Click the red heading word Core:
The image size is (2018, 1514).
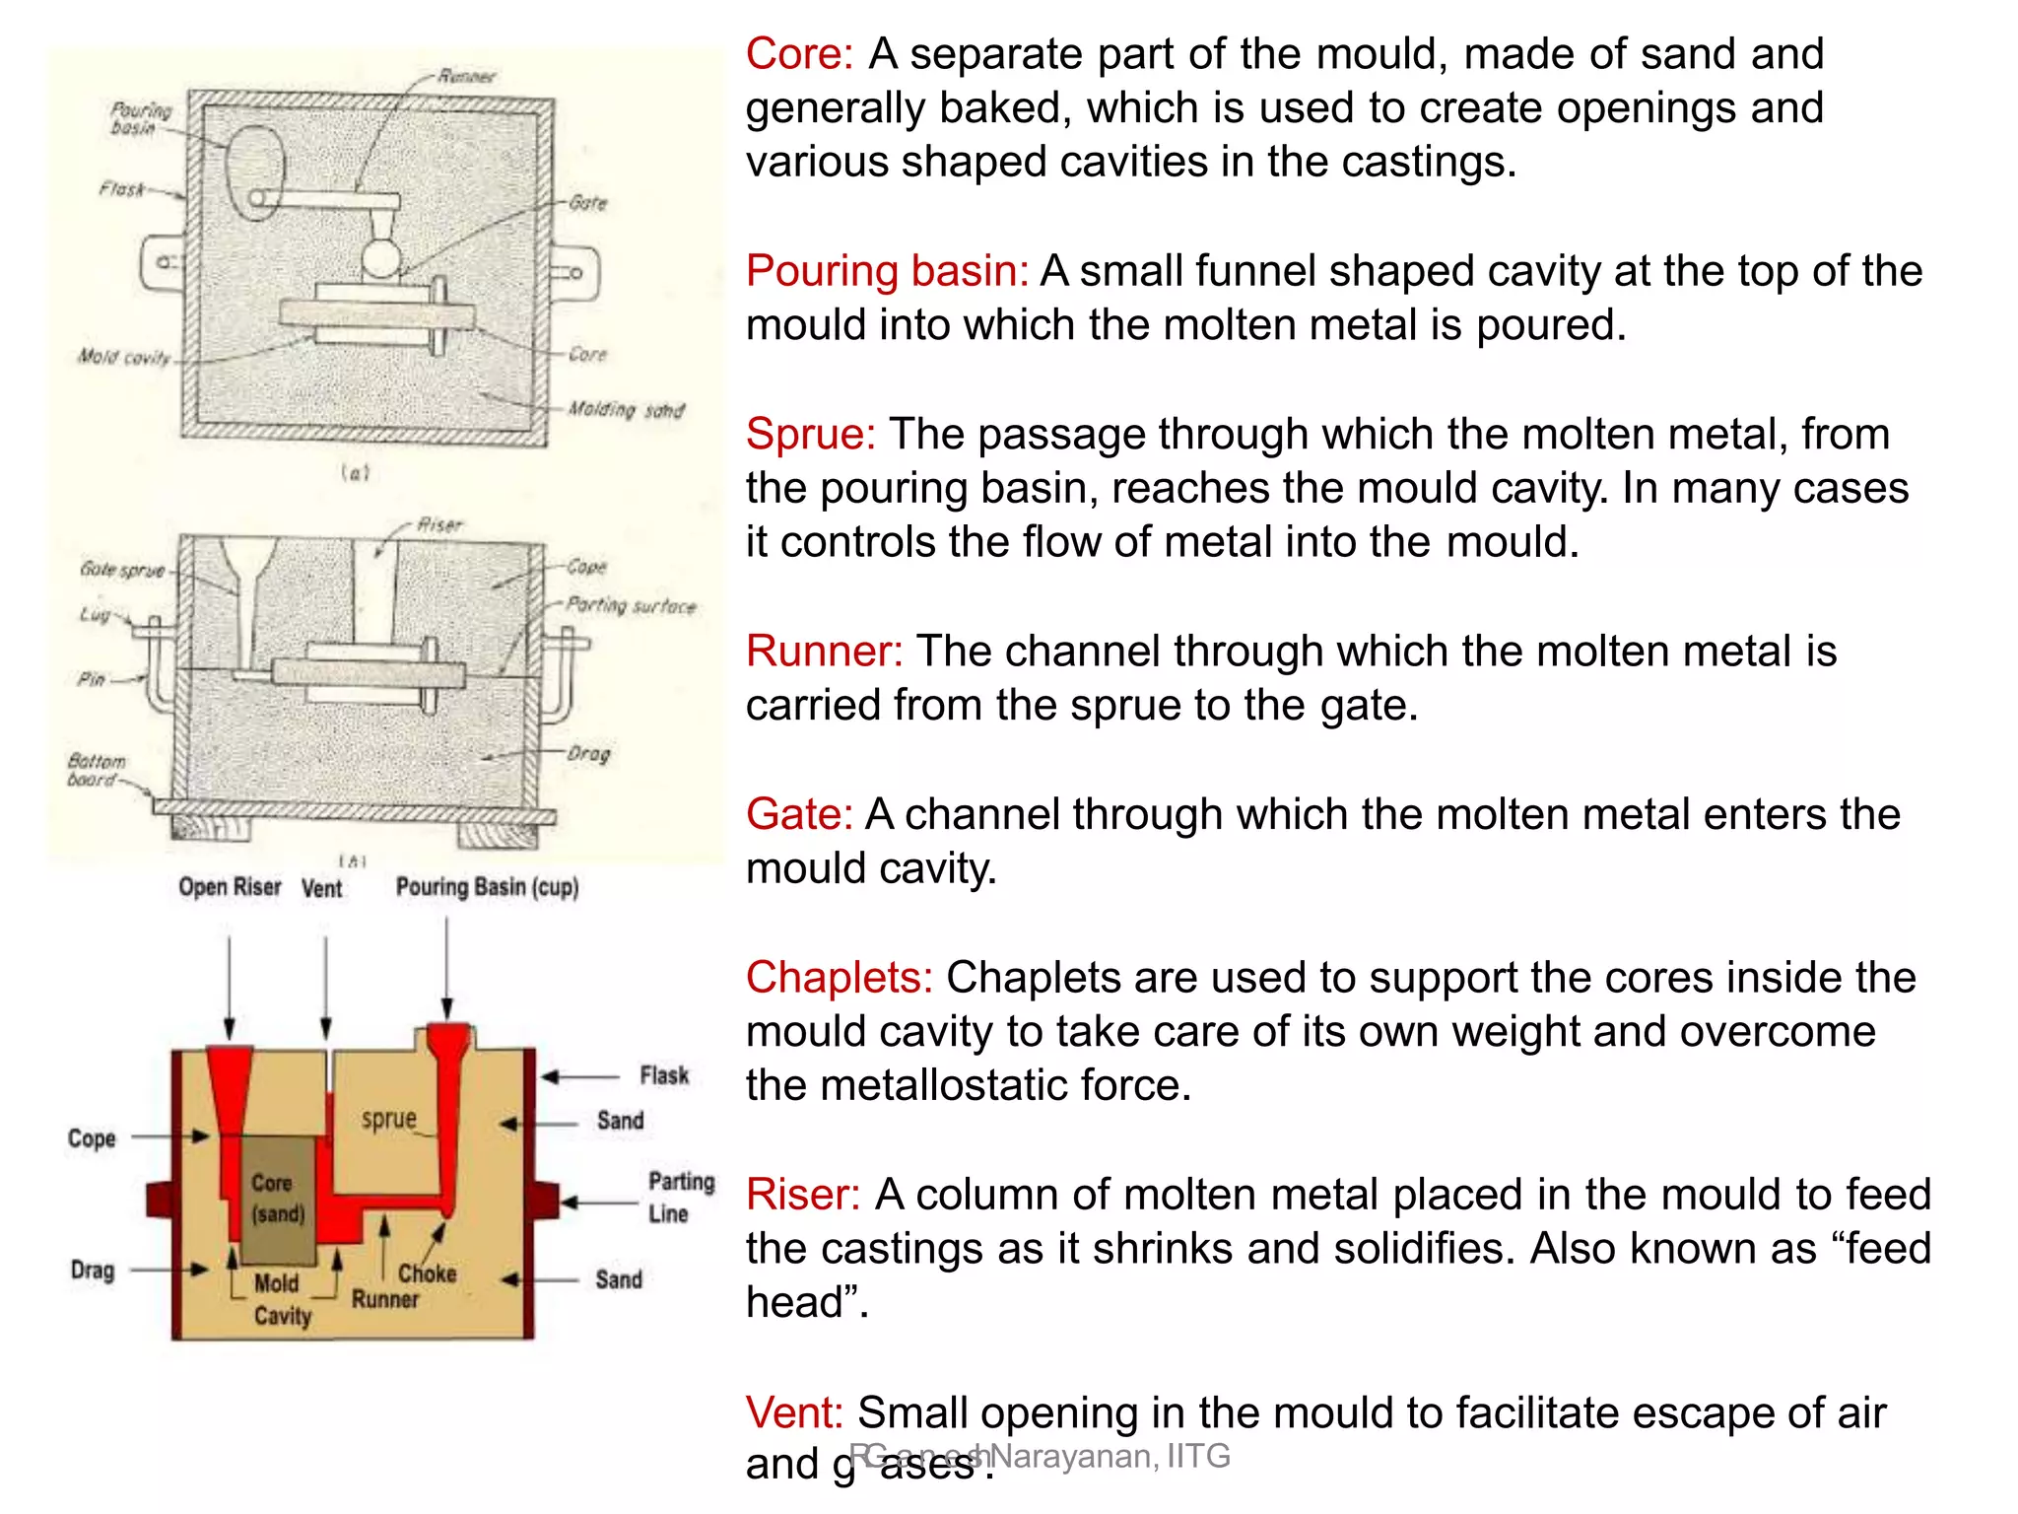pyautogui.click(x=798, y=54)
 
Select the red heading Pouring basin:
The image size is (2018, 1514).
pyautogui.click(x=887, y=271)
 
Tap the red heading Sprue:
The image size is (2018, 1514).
pyautogui.click(x=810, y=435)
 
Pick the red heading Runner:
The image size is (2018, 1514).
pyautogui.click(x=824, y=652)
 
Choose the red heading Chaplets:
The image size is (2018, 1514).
pyautogui.click(x=839, y=978)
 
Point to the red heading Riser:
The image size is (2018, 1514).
pyautogui.click(x=802, y=1195)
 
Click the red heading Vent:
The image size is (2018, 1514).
pyautogui.click(x=793, y=1412)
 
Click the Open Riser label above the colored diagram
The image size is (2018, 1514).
pyautogui.click(x=230, y=887)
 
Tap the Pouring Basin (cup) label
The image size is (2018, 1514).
pyautogui.click(x=487, y=887)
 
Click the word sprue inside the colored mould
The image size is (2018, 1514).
pyautogui.click(x=389, y=1120)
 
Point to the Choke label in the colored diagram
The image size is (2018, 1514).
pyautogui.click(x=428, y=1273)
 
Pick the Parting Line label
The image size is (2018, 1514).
pyautogui.click(x=681, y=1197)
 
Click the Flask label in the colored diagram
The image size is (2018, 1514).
pyautogui.click(x=664, y=1075)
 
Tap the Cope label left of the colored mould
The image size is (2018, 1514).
pyautogui.click(x=92, y=1138)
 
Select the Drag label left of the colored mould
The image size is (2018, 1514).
pyautogui.click(x=93, y=1271)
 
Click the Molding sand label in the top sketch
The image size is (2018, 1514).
pyautogui.click(x=626, y=410)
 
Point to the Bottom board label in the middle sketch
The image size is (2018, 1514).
pyautogui.click(x=96, y=770)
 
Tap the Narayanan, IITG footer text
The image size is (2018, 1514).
pyautogui.click(x=1110, y=1456)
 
